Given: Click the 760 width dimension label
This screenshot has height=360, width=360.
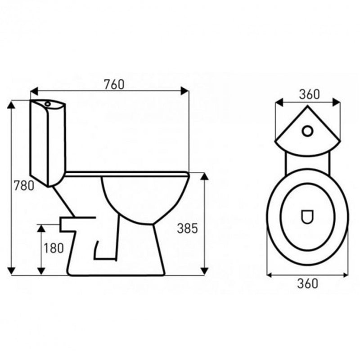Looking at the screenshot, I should tap(114, 84).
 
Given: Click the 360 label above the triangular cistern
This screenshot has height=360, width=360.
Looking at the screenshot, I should tap(309, 94).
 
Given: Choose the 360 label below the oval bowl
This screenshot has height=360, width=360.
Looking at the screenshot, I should tap(308, 283).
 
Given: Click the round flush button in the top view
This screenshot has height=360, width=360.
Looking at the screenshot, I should tap(308, 130).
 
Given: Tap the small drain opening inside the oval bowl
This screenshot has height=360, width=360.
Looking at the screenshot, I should tap(307, 217).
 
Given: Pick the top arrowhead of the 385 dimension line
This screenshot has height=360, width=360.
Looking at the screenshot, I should tap(204, 176).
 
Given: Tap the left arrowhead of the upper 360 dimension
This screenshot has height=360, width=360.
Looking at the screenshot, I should tap(279, 103).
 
